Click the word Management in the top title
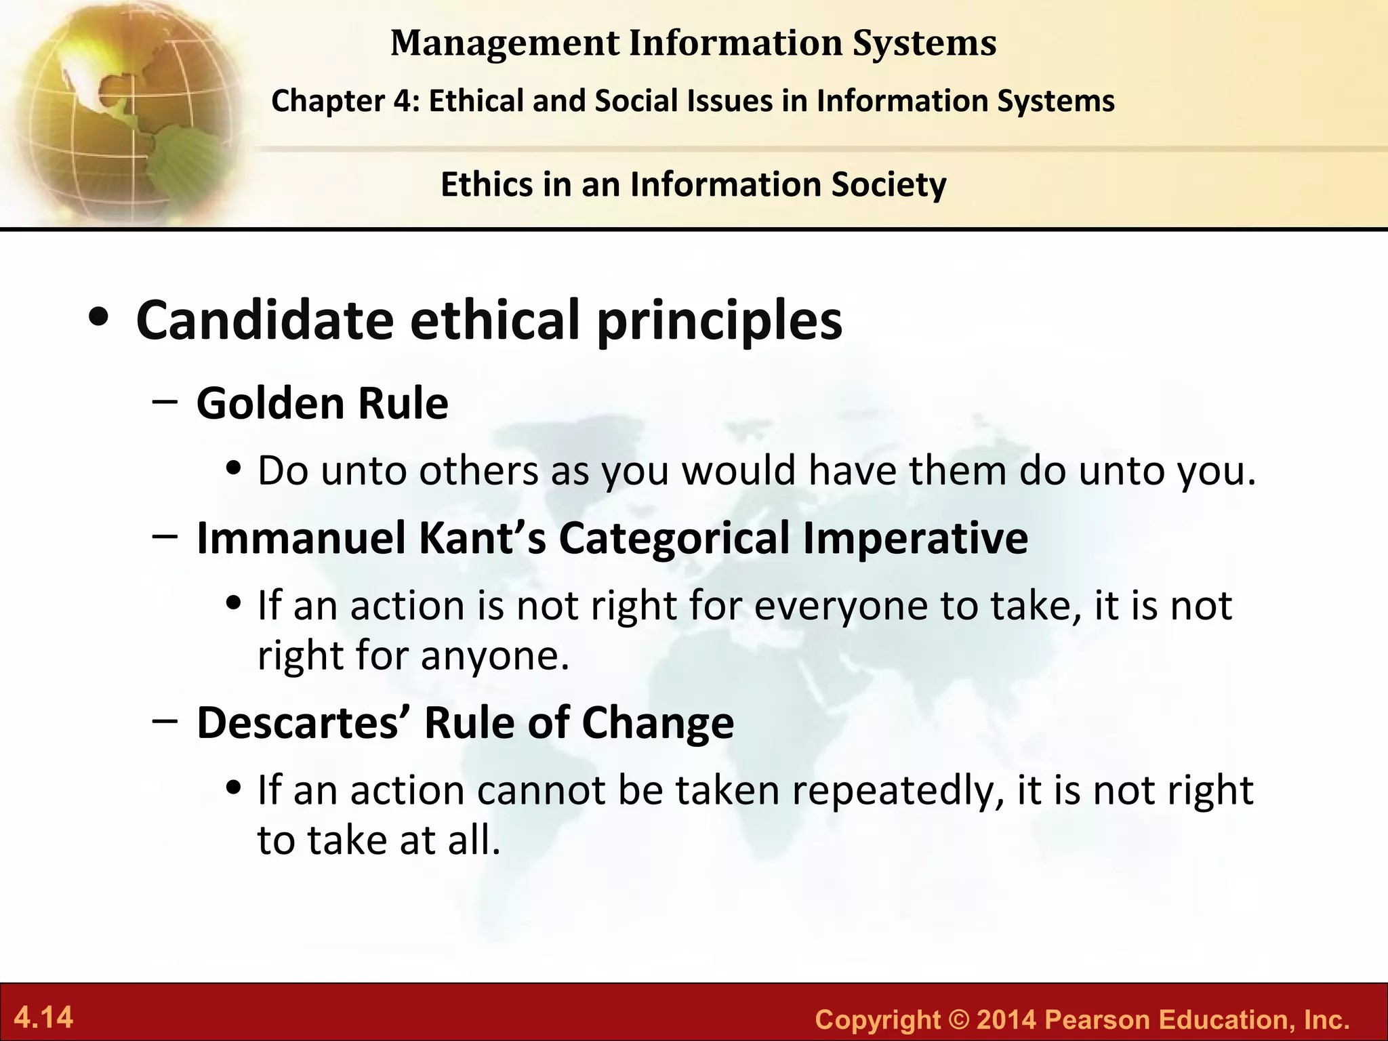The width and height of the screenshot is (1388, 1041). [505, 43]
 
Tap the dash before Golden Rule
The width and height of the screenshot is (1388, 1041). [165, 401]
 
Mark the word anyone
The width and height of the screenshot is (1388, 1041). [495, 655]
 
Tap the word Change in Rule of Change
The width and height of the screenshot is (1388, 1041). [657, 722]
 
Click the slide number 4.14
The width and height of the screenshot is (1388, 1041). [44, 1018]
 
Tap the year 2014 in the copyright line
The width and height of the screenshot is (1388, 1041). [1006, 1019]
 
